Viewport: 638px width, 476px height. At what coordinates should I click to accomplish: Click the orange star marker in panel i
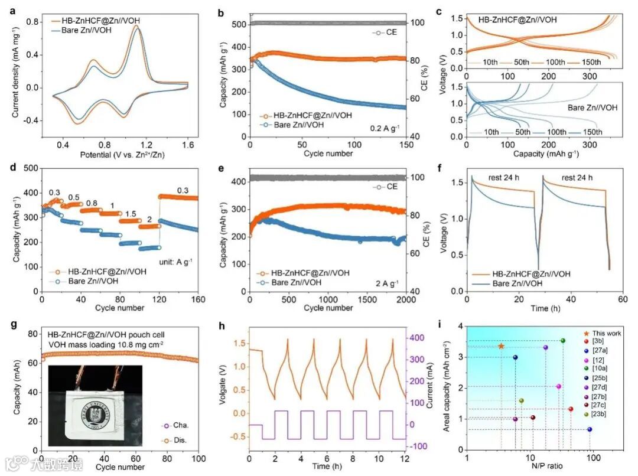point(502,346)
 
